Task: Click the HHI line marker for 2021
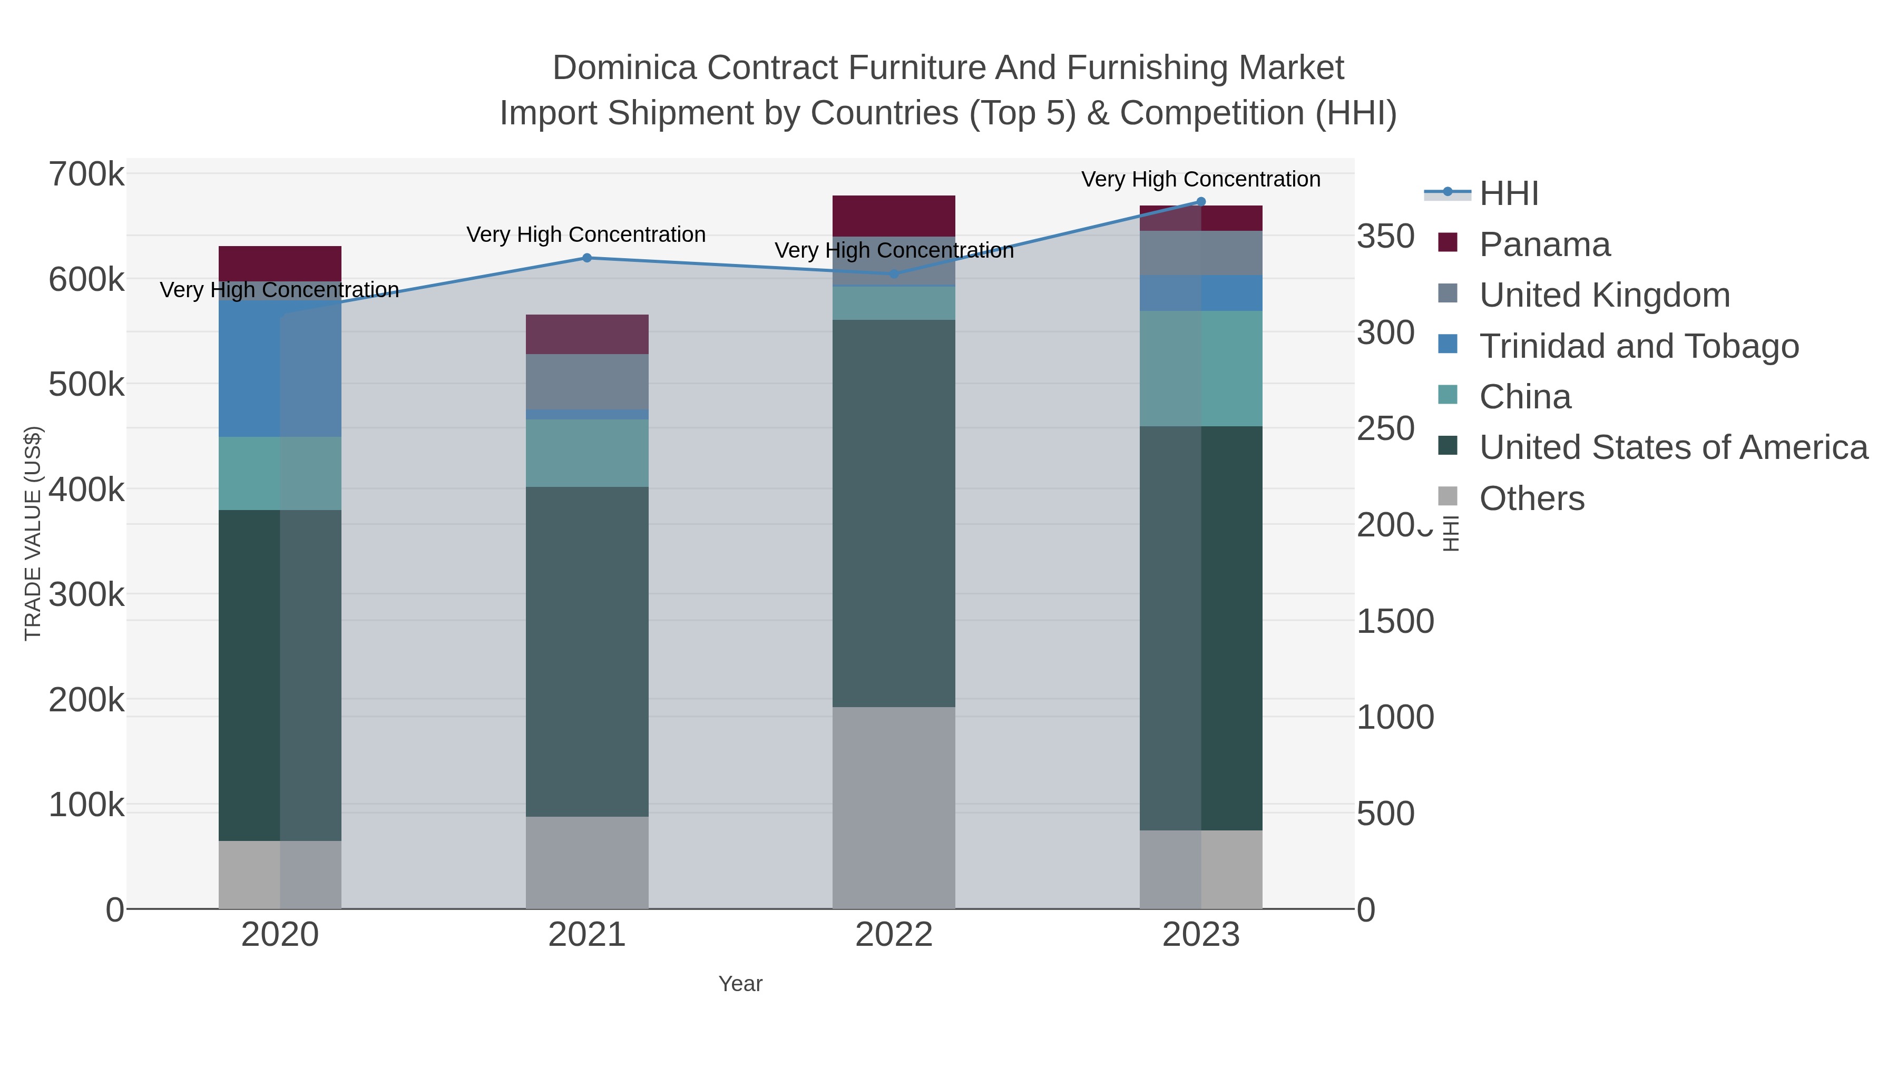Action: [587, 258]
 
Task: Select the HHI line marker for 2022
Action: [894, 274]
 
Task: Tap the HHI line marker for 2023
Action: [1201, 202]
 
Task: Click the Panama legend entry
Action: [1544, 244]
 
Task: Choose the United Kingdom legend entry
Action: [1604, 295]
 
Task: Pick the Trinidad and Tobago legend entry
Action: [1638, 346]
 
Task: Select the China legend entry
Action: [1524, 397]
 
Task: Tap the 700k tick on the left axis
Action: [87, 175]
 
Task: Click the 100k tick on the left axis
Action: [87, 805]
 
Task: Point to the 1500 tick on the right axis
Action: [1395, 622]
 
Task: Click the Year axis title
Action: [740, 984]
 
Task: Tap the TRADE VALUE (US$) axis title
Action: [33, 533]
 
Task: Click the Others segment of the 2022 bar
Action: [894, 808]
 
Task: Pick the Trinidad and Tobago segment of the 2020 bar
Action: [280, 368]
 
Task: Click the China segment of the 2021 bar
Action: [587, 453]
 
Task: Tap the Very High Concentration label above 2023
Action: [1200, 180]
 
